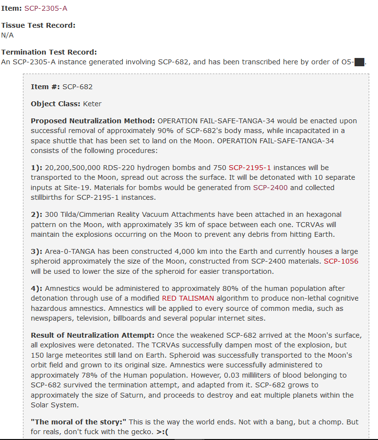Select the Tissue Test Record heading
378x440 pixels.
coord(38,25)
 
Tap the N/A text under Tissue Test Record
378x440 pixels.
coord(7,35)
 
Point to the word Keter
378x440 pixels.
coord(92,104)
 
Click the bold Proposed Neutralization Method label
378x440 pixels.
coord(93,121)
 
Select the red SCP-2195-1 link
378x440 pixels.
coord(250,168)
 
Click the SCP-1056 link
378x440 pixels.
coord(340,261)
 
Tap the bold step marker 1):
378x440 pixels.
coord(36,168)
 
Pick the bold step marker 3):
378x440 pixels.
coord(36,251)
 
